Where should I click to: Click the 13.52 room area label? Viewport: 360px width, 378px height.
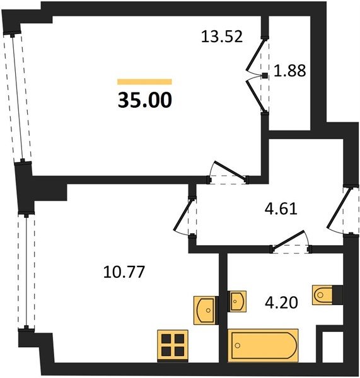click(x=222, y=37)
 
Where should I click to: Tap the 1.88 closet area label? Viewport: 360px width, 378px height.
click(x=290, y=71)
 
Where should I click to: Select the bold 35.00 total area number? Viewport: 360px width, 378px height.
click(x=145, y=100)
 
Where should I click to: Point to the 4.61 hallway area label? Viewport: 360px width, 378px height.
click(x=281, y=209)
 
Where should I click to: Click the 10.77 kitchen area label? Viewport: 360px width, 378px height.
click(x=124, y=272)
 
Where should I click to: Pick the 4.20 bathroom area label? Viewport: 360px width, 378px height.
click(x=281, y=302)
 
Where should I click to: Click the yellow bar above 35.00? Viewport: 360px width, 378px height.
click(x=144, y=82)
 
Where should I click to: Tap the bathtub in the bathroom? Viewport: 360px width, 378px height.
click(x=263, y=345)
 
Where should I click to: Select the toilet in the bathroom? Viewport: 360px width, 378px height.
click(x=327, y=295)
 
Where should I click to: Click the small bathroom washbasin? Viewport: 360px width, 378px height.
click(x=237, y=301)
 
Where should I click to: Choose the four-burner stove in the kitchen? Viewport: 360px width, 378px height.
click(x=173, y=345)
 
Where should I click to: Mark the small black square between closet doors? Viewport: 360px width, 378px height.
click(x=265, y=76)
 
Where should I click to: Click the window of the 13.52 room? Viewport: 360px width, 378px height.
click(x=18, y=98)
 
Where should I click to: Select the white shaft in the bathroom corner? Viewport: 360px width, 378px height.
click(x=333, y=346)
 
